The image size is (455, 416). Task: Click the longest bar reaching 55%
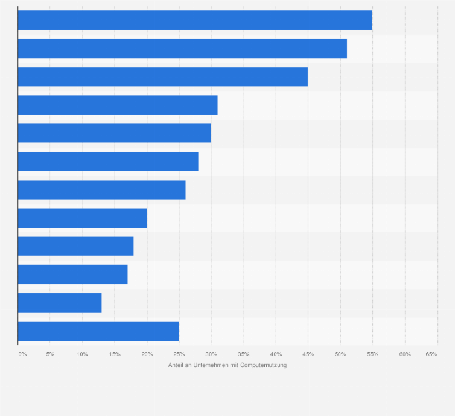(x=195, y=20)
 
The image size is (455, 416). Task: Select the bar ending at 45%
(x=163, y=77)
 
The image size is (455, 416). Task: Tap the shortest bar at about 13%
(x=60, y=303)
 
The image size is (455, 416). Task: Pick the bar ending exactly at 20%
(x=82, y=218)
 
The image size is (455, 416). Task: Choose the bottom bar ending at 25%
(x=98, y=331)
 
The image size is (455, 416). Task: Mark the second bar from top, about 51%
(x=182, y=48)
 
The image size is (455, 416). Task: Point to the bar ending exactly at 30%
(x=115, y=133)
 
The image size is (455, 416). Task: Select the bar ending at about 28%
(x=108, y=161)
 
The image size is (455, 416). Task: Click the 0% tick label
(x=22, y=354)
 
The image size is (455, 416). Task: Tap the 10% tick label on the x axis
(x=82, y=354)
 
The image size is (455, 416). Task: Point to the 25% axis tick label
(x=179, y=354)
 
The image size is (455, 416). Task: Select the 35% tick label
(x=244, y=354)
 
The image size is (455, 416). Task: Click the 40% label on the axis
(x=276, y=354)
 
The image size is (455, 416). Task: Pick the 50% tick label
(x=340, y=354)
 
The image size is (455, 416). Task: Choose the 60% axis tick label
(x=405, y=354)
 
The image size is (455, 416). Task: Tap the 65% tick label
(x=431, y=354)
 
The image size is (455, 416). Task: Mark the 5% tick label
(x=50, y=354)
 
